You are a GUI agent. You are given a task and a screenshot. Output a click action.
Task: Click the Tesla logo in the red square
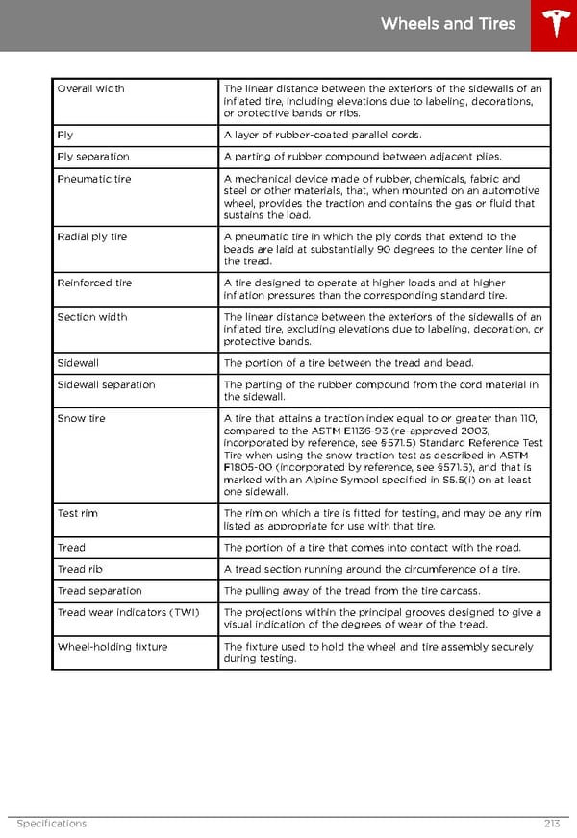(554, 25)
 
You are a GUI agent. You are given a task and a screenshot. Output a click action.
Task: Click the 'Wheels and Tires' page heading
(448, 24)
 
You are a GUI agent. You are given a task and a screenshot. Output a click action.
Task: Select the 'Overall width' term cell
(90, 89)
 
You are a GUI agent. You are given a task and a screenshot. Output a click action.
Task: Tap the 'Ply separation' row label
(93, 157)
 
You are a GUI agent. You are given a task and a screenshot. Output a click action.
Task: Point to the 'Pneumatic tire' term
(94, 179)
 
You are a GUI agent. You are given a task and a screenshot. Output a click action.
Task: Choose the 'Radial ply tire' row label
(92, 236)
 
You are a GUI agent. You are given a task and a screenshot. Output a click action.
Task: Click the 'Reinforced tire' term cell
(94, 283)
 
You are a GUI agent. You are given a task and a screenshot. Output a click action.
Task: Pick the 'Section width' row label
(91, 317)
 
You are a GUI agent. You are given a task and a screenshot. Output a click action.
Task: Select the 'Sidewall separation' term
(106, 385)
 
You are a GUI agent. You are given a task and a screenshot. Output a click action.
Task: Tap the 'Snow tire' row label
(82, 419)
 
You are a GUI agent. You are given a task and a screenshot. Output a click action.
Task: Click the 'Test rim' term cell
(77, 513)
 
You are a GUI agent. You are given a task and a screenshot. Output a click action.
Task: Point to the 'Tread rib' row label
(80, 569)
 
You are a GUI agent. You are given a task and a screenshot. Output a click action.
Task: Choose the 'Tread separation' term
(99, 591)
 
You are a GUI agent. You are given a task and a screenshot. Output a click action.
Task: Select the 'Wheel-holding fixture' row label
(112, 647)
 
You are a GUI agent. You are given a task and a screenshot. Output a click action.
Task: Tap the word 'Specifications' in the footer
(52, 824)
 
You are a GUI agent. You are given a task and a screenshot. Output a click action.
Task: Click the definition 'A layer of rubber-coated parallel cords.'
(322, 136)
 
